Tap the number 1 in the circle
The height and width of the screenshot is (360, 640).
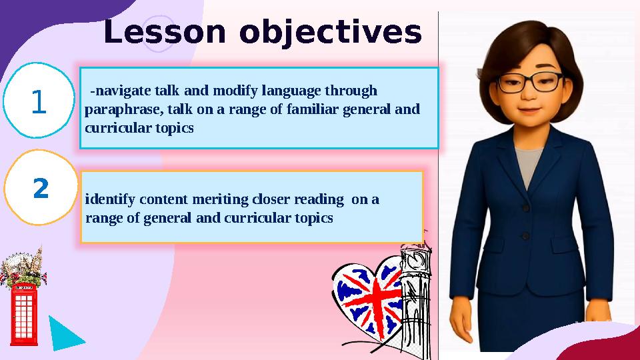tap(39, 103)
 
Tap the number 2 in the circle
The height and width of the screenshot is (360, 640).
tap(41, 189)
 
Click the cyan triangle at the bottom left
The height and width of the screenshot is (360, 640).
tap(64, 333)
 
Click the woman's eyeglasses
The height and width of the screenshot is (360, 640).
tap(531, 82)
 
